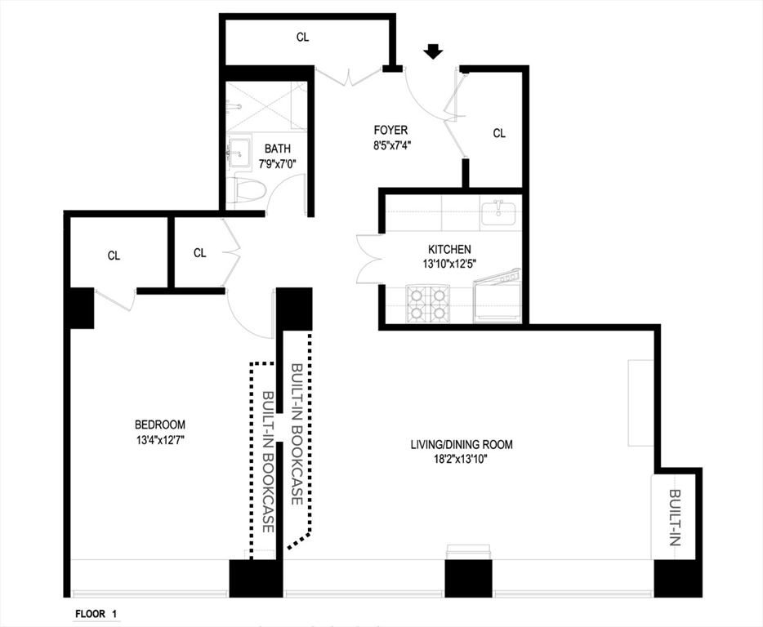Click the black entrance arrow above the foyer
(x=434, y=51)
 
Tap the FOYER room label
(x=390, y=130)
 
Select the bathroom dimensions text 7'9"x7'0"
(x=278, y=162)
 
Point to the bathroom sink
(x=240, y=151)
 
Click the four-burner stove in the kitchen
(x=429, y=302)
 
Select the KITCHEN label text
(x=449, y=249)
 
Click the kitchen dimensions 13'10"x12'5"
(x=449, y=263)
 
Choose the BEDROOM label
(x=160, y=425)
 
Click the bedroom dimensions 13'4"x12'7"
(x=160, y=439)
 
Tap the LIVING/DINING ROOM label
(x=462, y=445)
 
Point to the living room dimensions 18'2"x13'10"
(x=462, y=459)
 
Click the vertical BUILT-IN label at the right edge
(x=675, y=518)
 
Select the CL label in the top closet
(x=303, y=38)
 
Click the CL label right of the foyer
(x=499, y=133)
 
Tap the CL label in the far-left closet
(x=114, y=256)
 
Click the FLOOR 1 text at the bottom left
(x=96, y=613)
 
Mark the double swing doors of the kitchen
(x=368, y=260)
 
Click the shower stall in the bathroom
(x=265, y=106)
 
